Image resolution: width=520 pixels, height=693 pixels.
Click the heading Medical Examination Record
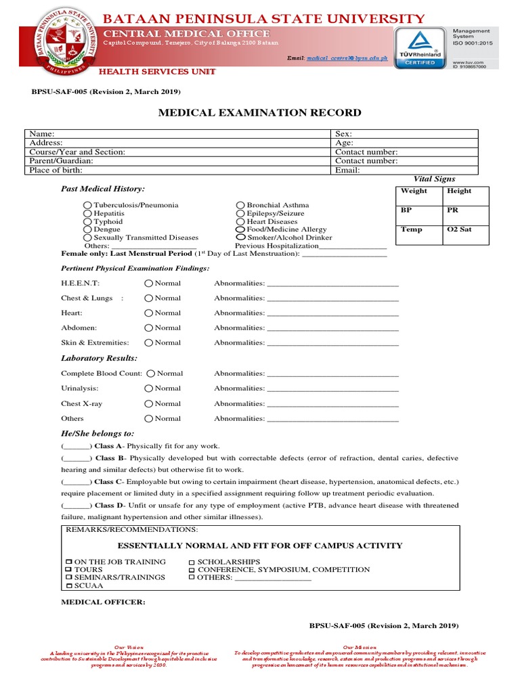tap(259, 113)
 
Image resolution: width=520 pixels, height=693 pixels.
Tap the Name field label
tap(41, 134)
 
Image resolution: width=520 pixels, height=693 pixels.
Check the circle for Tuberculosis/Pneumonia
tap(87, 205)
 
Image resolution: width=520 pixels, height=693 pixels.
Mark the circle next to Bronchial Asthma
tap(240, 205)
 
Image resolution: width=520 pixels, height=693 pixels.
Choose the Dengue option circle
tap(87, 229)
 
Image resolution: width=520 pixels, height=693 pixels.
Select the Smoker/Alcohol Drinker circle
tap(240, 238)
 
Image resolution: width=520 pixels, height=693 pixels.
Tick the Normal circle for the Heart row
tap(148, 313)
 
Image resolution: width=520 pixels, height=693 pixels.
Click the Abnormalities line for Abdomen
tap(333, 328)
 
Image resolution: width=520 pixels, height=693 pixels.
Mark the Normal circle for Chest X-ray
tap(148, 404)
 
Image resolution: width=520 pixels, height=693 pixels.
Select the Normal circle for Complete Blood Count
tap(151, 374)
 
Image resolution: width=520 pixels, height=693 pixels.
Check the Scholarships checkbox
tap(192, 562)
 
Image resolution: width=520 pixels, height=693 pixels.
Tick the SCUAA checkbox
tap(68, 585)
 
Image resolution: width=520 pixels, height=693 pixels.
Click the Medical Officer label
tap(103, 602)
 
